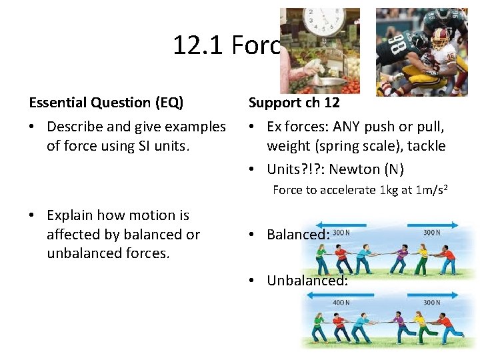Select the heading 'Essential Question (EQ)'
point(106,103)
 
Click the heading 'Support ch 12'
point(294,103)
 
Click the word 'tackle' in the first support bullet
point(427,146)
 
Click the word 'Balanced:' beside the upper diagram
point(298,235)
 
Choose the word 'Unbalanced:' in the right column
point(307,281)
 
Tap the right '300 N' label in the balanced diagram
point(431,233)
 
